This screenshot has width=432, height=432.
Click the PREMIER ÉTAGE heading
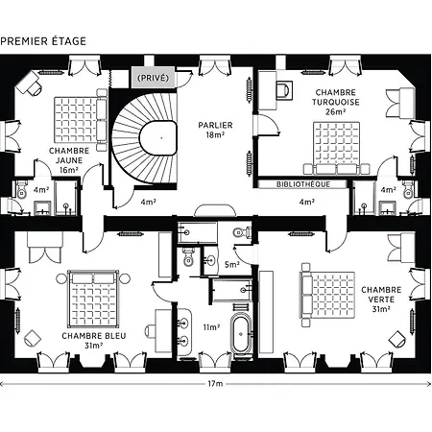pos(43,41)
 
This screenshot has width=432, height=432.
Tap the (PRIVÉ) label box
pos(153,78)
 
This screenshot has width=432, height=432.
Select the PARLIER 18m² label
pos(215,130)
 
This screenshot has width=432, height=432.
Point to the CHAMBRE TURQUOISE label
pos(335,102)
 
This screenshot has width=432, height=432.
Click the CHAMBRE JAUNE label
pos(69,160)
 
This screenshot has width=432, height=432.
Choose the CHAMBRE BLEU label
pos(94,341)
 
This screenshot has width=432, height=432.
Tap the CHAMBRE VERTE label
pos(381,300)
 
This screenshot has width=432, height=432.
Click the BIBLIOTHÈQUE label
pos(303,184)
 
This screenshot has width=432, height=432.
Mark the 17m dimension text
pos(215,383)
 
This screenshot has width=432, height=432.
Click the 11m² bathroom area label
pos(211,327)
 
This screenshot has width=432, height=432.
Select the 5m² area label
pos(232,265)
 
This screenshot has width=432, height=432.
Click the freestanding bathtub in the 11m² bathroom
pos(241,334)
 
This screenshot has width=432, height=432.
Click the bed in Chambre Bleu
pos(93,299)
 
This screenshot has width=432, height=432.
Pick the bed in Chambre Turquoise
pos(336,148)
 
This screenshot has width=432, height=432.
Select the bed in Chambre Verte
pos(327,295)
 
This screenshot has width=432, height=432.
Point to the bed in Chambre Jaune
pos(81,120)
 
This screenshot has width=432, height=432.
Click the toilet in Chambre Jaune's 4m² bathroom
pos(21,190)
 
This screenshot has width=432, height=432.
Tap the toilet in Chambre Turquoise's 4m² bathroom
pos(409,189)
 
